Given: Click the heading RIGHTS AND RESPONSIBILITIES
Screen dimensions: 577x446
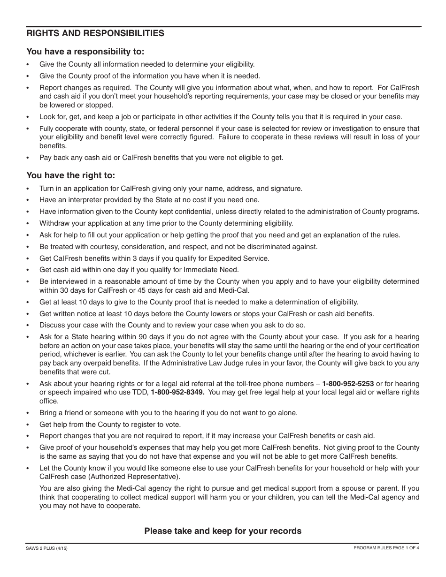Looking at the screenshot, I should (95, 33).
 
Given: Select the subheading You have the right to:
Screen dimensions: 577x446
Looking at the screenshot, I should (70, 175).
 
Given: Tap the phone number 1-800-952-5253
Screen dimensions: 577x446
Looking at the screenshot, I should (348, 384).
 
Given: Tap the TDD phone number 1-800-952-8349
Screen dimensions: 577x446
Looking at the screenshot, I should (177, 392).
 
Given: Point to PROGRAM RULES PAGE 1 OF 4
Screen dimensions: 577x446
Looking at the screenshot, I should (386, 548).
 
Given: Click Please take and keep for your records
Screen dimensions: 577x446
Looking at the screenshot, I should (223, 531).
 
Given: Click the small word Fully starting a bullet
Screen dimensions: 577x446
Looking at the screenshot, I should (46, 129).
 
